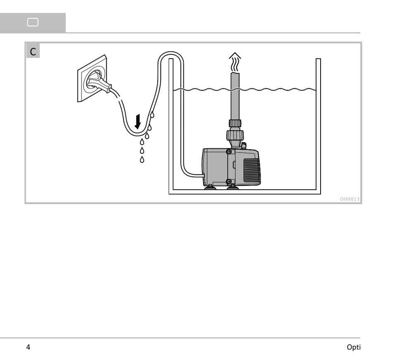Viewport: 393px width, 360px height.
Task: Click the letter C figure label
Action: point(33,52)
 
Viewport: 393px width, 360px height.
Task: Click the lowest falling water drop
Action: point(142,159)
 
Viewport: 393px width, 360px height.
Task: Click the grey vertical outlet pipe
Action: point(235,95)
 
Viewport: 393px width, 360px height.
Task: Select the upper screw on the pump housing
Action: point(229,152)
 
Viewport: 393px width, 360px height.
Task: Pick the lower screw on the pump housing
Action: point(229,181)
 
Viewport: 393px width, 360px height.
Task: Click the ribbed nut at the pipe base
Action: point(235,123)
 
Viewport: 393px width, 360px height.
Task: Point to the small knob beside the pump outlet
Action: point(244,145)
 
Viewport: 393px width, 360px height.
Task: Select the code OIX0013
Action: point(349,199)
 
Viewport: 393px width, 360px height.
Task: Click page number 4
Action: point(28,347)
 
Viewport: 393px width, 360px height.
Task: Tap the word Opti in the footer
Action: point(353,347)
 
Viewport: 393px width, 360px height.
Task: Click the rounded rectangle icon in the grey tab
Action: point(33,22)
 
